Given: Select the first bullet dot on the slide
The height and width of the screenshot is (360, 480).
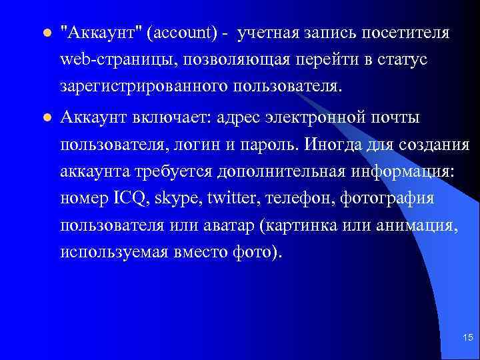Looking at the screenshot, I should (45, 33).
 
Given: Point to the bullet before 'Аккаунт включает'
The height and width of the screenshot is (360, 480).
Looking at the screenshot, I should (45, 118).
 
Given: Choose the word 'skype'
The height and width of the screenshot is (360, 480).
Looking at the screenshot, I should (181, 199).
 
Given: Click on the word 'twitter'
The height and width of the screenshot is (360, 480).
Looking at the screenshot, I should (233, 199).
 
